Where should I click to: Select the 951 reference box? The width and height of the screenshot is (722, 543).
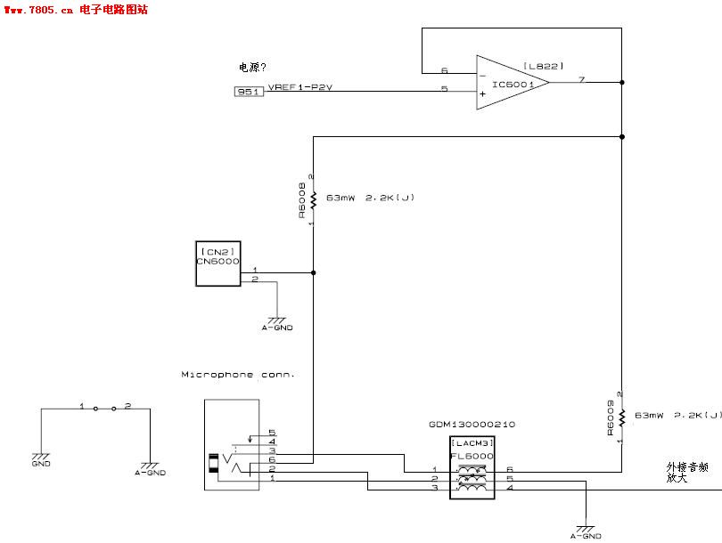[x=249, y=91]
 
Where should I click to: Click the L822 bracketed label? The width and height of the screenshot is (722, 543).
[x=543, y=66]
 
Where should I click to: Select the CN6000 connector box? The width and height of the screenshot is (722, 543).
[x=218, y=263]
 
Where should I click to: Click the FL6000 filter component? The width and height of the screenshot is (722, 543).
[x=472, y=467]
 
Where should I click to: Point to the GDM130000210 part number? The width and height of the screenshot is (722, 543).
[x=472, y=425]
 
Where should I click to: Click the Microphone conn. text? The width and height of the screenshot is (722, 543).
[x=238, y=375]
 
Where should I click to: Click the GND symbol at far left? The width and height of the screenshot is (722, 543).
[x=41, y=457]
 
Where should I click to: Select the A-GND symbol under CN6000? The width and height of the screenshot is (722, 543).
[x=276, y=322]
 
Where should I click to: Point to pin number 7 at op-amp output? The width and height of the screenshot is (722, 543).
[x=581, y=80]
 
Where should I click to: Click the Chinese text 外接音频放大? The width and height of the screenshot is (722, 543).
[x=687, y=472]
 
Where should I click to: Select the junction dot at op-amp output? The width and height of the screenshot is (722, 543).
[x=621, y=83]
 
